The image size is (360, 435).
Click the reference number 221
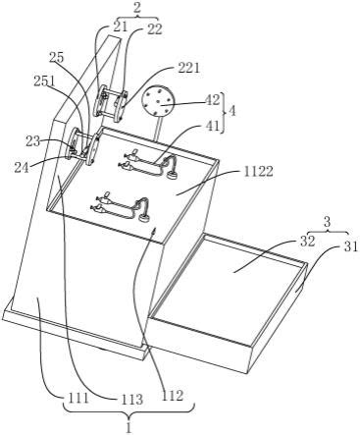tap(189, 69)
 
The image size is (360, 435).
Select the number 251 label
tap(45, 82)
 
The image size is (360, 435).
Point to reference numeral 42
tap(213, 100)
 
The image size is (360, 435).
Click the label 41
tap(214, 126)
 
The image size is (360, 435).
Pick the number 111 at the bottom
tap(77, 399)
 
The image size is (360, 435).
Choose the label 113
tap(132, 400)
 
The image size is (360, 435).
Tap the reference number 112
tap(173, 396)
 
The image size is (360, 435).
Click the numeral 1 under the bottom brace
tap(129, 427)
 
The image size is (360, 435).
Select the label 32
tap(307, 242)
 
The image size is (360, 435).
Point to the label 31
tap(351, 247)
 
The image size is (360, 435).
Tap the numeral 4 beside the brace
tap(232, 111)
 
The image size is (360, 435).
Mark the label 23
tap(32, 141)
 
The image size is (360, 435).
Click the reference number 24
tap(21, 167)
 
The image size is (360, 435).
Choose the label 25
tap(56, 57)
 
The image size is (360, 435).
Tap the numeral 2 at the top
tap(137, 9)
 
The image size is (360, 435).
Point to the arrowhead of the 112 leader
tap(154, 231)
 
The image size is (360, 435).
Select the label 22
tap(154, 28)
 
